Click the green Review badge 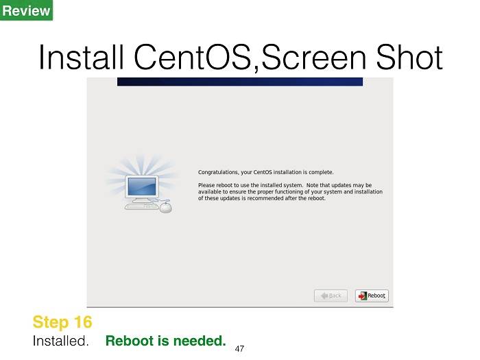click(26, 10)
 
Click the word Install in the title click(82, 57)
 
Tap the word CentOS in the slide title click(193, 57)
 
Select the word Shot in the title click(409, 57)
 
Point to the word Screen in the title click(314, 57)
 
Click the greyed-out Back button click(331, 296)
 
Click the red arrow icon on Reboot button click(363, 296)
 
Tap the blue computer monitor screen click(142, 186)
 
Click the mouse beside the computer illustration click(166, 207)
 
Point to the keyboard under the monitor click(142, 206)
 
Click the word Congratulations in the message click(218, 172)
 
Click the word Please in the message click(206, 185)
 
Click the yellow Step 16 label click(62, 322)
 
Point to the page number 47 click(239, 348)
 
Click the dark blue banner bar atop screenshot click(240, 82)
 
